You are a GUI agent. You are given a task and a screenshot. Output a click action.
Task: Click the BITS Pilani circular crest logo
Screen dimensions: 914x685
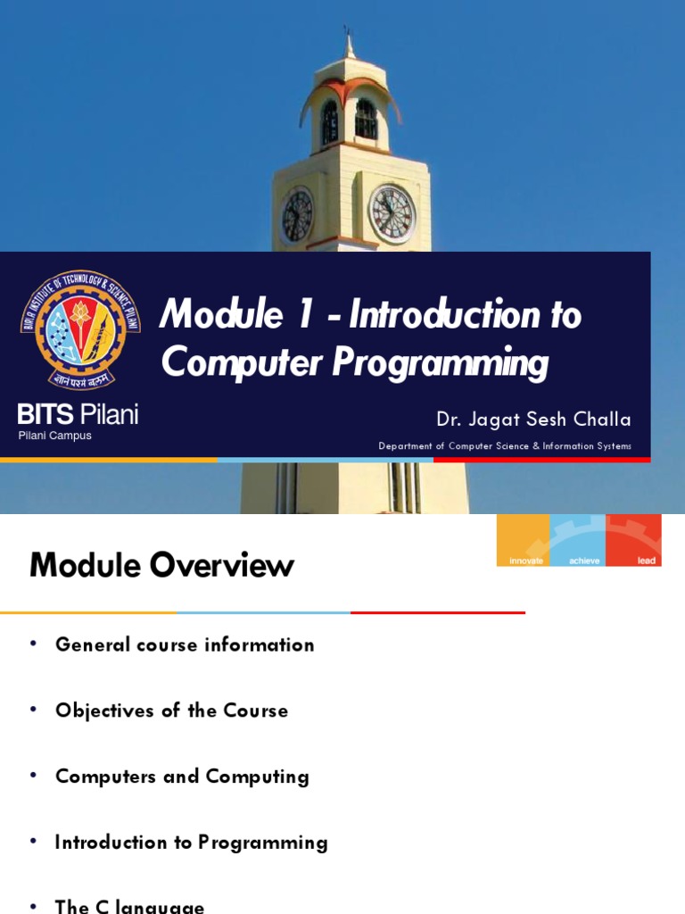pyautogui.click(x=80, y=329)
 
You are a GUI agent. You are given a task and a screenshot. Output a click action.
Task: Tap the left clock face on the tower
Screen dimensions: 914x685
pyautogui.click(x=297, y=216)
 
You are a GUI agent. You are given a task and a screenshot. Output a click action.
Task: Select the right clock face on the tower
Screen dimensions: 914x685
pyautogui.click(x=392, y=214)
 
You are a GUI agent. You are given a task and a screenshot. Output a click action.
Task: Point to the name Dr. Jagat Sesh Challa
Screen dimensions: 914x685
pyautogui.click(x=533, y=420)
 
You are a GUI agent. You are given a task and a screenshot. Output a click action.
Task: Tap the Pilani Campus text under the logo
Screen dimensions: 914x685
pyautogui.click(x=55, y=436)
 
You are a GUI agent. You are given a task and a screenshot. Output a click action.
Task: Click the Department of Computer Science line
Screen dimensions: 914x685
pyautogui.click(x=505, y=446)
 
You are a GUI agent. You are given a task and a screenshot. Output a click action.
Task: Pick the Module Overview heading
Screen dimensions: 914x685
pyautogui.click(x=161, y=565)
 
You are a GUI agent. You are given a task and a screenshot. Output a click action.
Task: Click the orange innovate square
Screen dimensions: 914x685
pyautogui.click(x=524, y=540)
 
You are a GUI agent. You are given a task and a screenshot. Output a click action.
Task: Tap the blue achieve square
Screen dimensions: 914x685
pyautogui.click(x=578, y=540)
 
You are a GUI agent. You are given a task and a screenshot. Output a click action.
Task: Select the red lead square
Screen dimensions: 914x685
pyautogui.click(x=634, y=540)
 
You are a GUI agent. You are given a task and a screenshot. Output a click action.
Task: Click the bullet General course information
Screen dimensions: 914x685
pyautogui.click(x=185, y=644)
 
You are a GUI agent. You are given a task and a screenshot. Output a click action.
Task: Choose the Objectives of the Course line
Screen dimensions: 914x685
pyautogui.click(x=171, y=710)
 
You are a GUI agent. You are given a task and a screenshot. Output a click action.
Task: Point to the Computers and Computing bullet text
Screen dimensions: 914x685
pyautogui.click(x=182, y=777)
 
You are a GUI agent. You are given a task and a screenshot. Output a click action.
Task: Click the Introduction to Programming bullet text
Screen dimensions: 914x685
pyautogui.click(x=191, y=843)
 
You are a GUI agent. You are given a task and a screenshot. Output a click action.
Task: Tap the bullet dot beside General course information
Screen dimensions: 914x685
pyautogui.click(x=34, y=644)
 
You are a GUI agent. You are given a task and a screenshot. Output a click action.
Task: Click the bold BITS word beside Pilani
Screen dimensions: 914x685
pyautogui.click(x=46, y=414)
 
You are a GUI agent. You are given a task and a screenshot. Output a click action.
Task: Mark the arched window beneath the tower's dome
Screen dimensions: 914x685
pyautogui.click(x=366, y=120)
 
